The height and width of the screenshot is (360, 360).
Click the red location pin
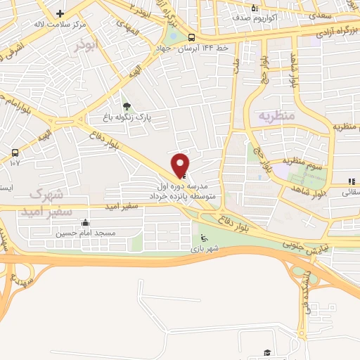(x=181, y=164)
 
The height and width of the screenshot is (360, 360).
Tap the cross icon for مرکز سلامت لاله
(x=60, y=14)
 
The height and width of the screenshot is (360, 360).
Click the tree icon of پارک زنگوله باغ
(x=126, y=106)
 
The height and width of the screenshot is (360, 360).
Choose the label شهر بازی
(x=205, y=249)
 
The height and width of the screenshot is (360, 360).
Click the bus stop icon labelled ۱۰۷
(x=15, y=152)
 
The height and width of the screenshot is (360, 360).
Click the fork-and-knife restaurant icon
(x=352, y=181)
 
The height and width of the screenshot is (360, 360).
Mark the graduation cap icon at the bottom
(x=266, y=352)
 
